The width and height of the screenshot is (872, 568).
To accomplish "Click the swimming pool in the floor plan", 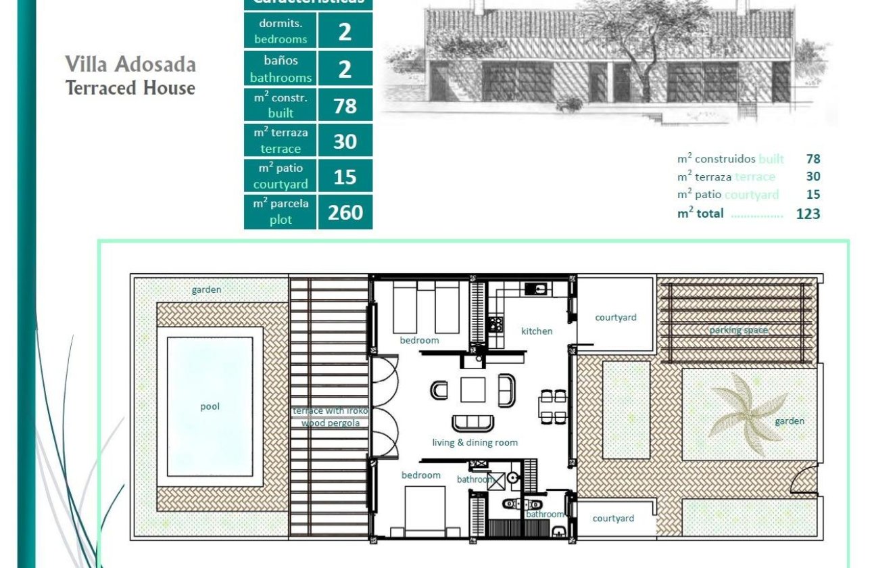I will pyautogui.click(x=210, y=406).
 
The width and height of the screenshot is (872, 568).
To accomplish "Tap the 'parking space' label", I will pyautogui.click(x=738, y=330).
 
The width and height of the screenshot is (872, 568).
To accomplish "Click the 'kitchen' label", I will pyautogui.click(x=537, y=331).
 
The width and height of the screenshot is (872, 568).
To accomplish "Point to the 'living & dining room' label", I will pyautogui.click(x=475, y=442).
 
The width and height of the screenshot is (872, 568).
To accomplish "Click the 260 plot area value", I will pyautogui.click(x=345, y=212).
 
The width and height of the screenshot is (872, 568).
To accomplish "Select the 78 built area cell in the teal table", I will pyautogui.click(x=345, y=105).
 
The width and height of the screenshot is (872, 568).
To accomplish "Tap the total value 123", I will pyautogui.click(x=808, y=214).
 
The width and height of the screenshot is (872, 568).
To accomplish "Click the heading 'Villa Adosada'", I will pyautogui.click(x=130, y=64).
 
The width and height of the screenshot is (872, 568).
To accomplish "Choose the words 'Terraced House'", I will pyautogui.click(x=130, y=88).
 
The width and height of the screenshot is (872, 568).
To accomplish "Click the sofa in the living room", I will pyautogui.click(x=473, y=423).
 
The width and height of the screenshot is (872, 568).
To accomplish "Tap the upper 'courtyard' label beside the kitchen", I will pyautogui.click(x=615, y=317).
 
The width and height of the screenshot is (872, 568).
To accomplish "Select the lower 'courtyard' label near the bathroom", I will pyautogui.click(x=613, y=518).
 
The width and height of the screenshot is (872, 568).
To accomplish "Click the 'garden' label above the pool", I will pyautogui.click(x=206, y=289).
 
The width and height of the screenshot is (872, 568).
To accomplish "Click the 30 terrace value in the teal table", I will pyautogui.click(x=345, y=141).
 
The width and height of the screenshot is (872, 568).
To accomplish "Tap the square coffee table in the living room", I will pyautogui.click(x=473, y=389).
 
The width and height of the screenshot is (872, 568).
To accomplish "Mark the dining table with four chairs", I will pyautogui.click(x=552, y=406).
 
